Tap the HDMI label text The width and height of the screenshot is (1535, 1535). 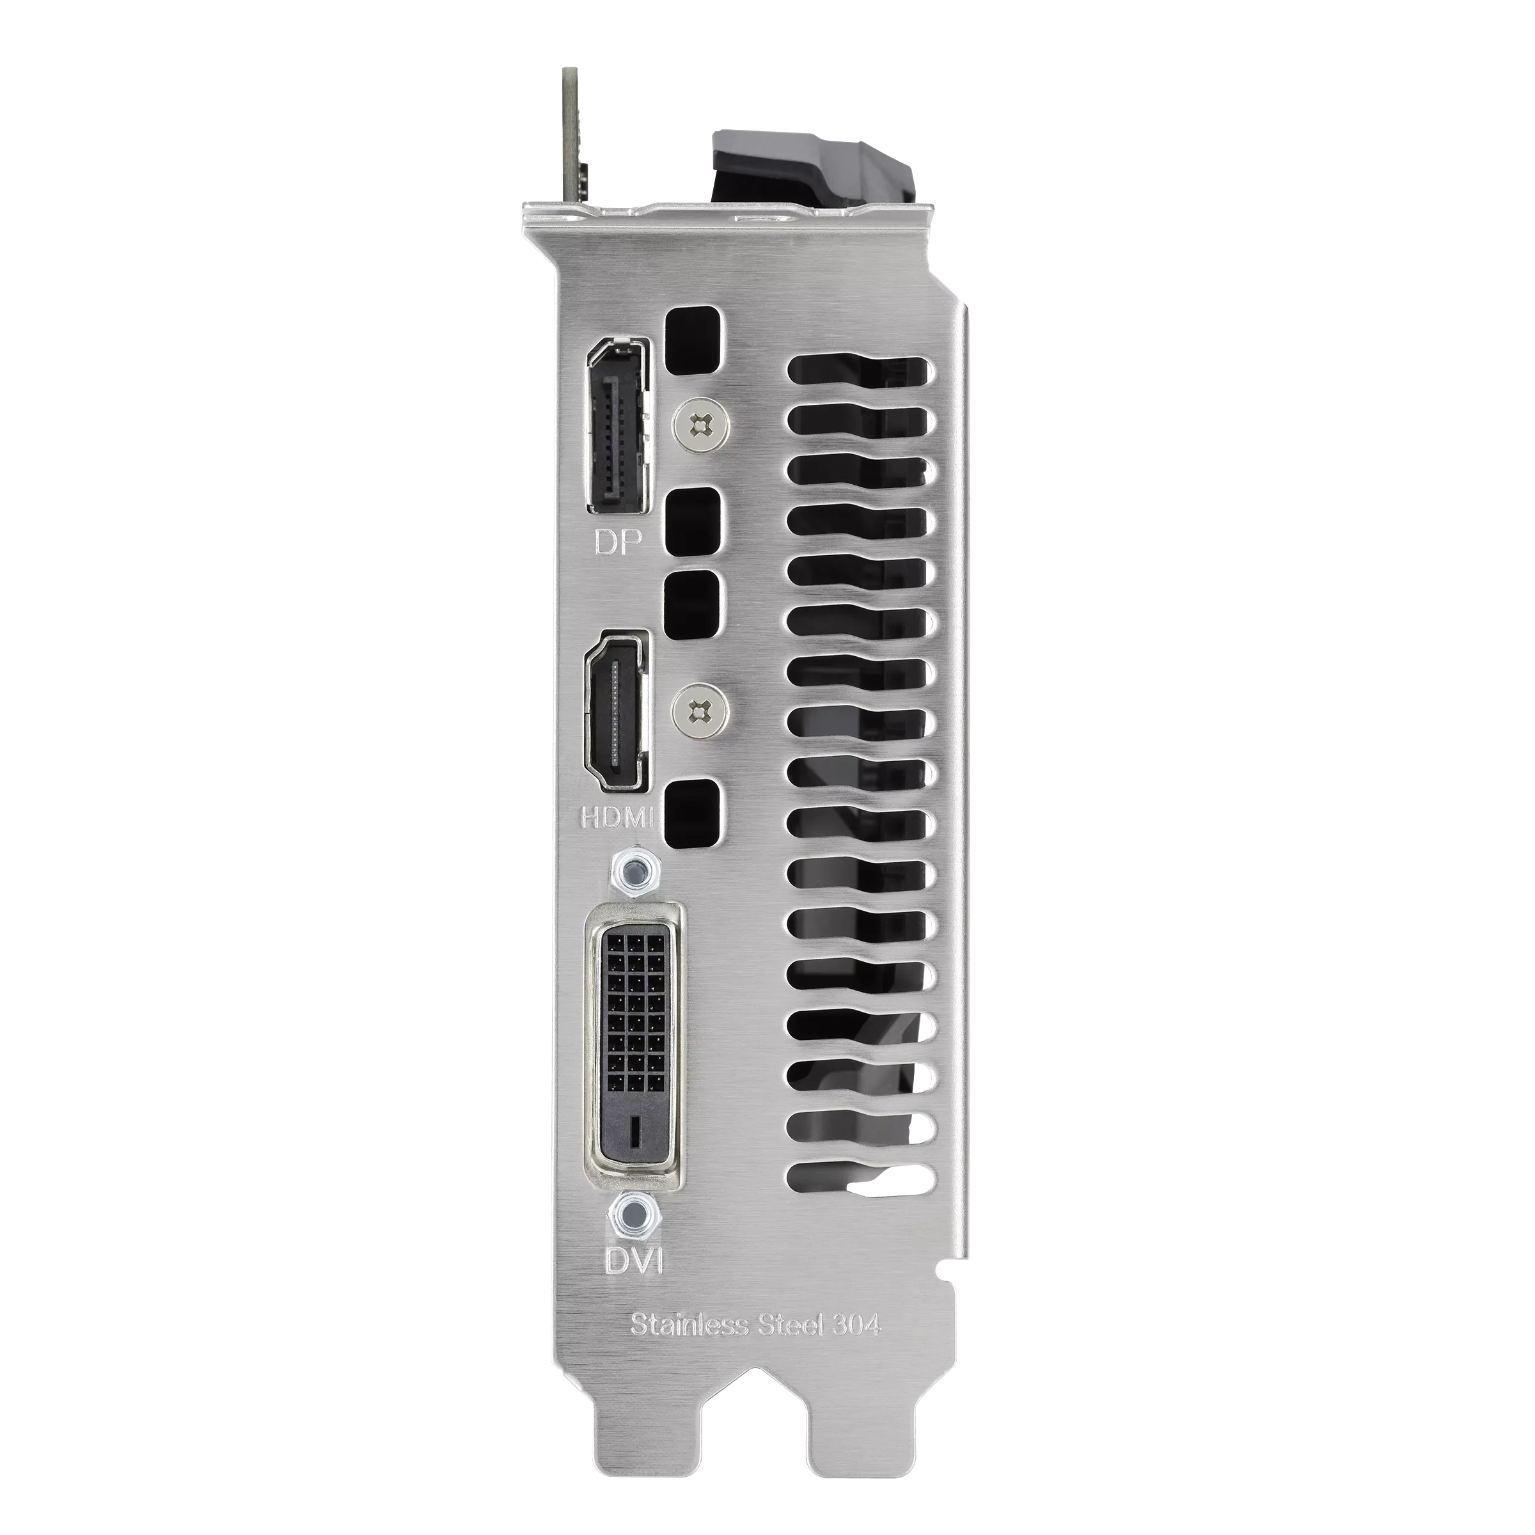617,819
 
